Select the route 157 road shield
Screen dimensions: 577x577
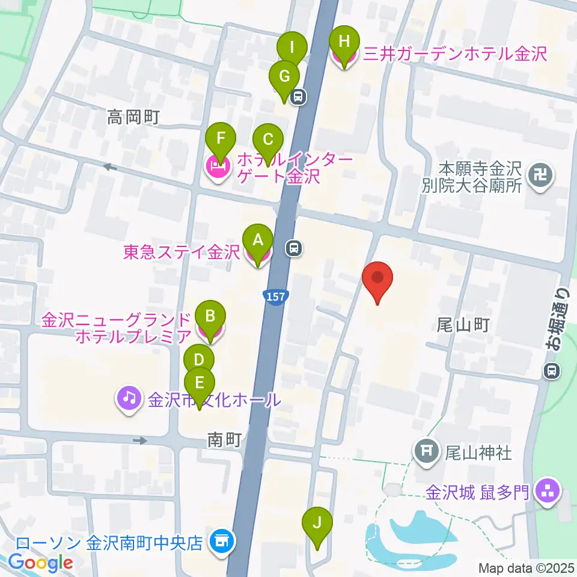pyautogui.click(x=276, y=296)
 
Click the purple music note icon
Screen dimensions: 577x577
pyautogui.click(x=128, y=397)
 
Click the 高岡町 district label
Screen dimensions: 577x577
pyautogui.click(x=133, y=116)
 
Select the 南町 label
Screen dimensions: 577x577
pyautogui.click(x=224, y=441)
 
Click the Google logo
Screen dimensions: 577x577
pyautogui.click(x=40, y=562)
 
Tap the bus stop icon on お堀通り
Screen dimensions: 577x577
pyautogui.click(x=551, y=371)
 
